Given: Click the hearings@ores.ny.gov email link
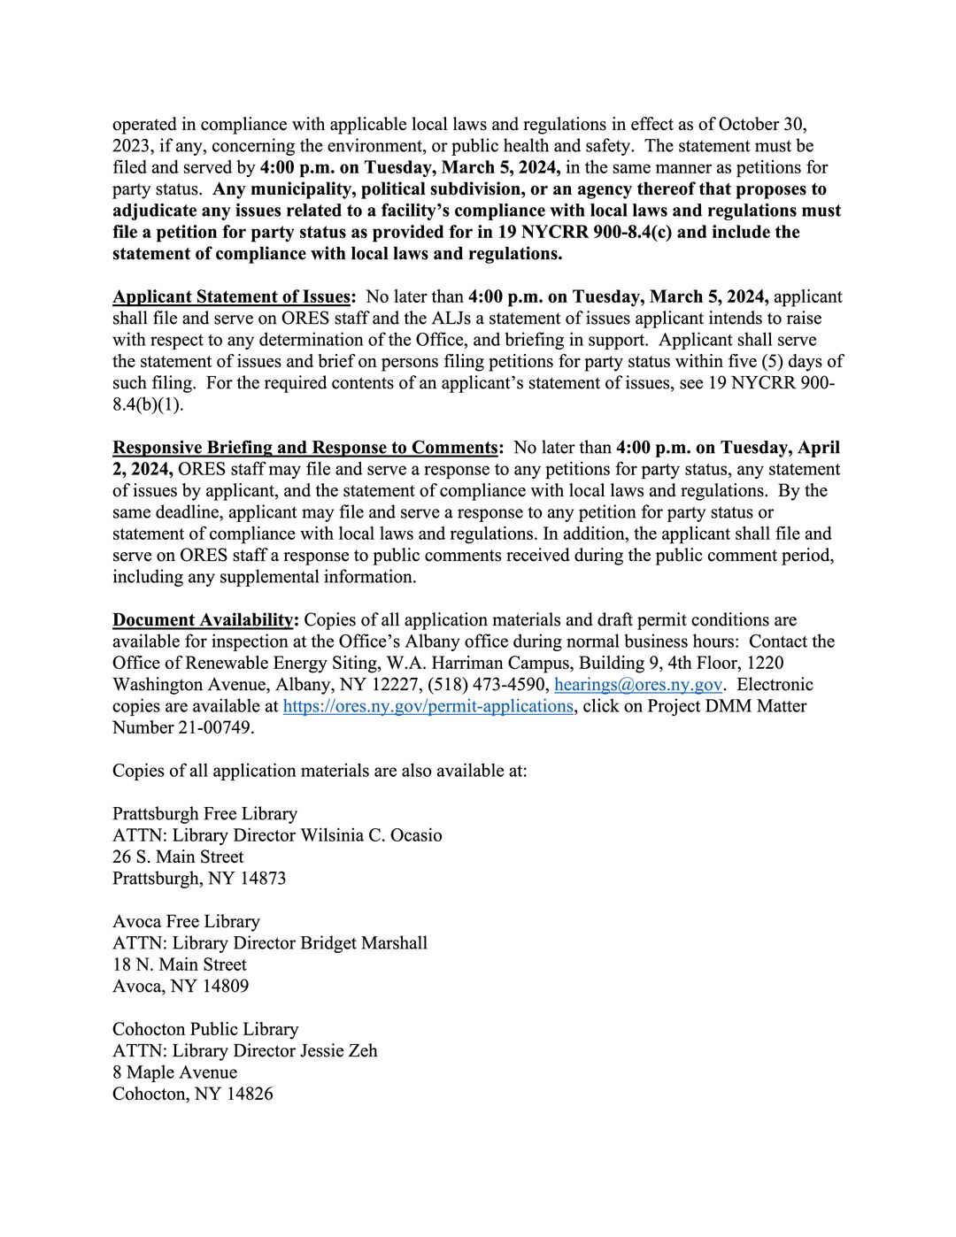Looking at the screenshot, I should (x=637, y=685).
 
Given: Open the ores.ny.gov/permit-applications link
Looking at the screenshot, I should (x=428, y=706).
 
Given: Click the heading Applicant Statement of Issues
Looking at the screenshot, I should (x=233, y=296).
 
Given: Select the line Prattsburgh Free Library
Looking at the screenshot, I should (x=204, y=814).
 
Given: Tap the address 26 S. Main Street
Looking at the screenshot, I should (x=178, y=857).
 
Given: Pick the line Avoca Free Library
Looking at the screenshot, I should (x=186, y=922).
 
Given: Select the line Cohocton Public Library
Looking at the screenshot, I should (x=205, y=1030).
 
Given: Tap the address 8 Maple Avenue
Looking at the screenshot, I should (x=174, y=1073).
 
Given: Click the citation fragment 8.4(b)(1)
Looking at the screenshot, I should (x=148, y=404).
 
